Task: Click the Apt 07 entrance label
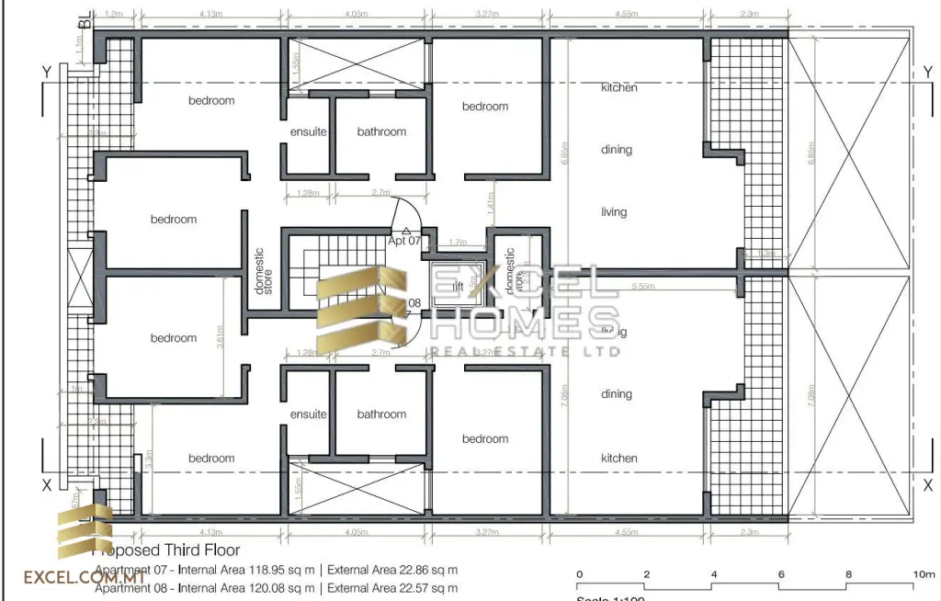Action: [404, 241]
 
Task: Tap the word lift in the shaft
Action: [458, 287]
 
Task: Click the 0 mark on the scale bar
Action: [579, 574]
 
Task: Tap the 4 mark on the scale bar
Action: [714, 574]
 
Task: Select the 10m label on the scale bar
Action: [923, 574]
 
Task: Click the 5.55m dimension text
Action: [643, 287]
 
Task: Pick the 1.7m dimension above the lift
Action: [457, 243]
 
